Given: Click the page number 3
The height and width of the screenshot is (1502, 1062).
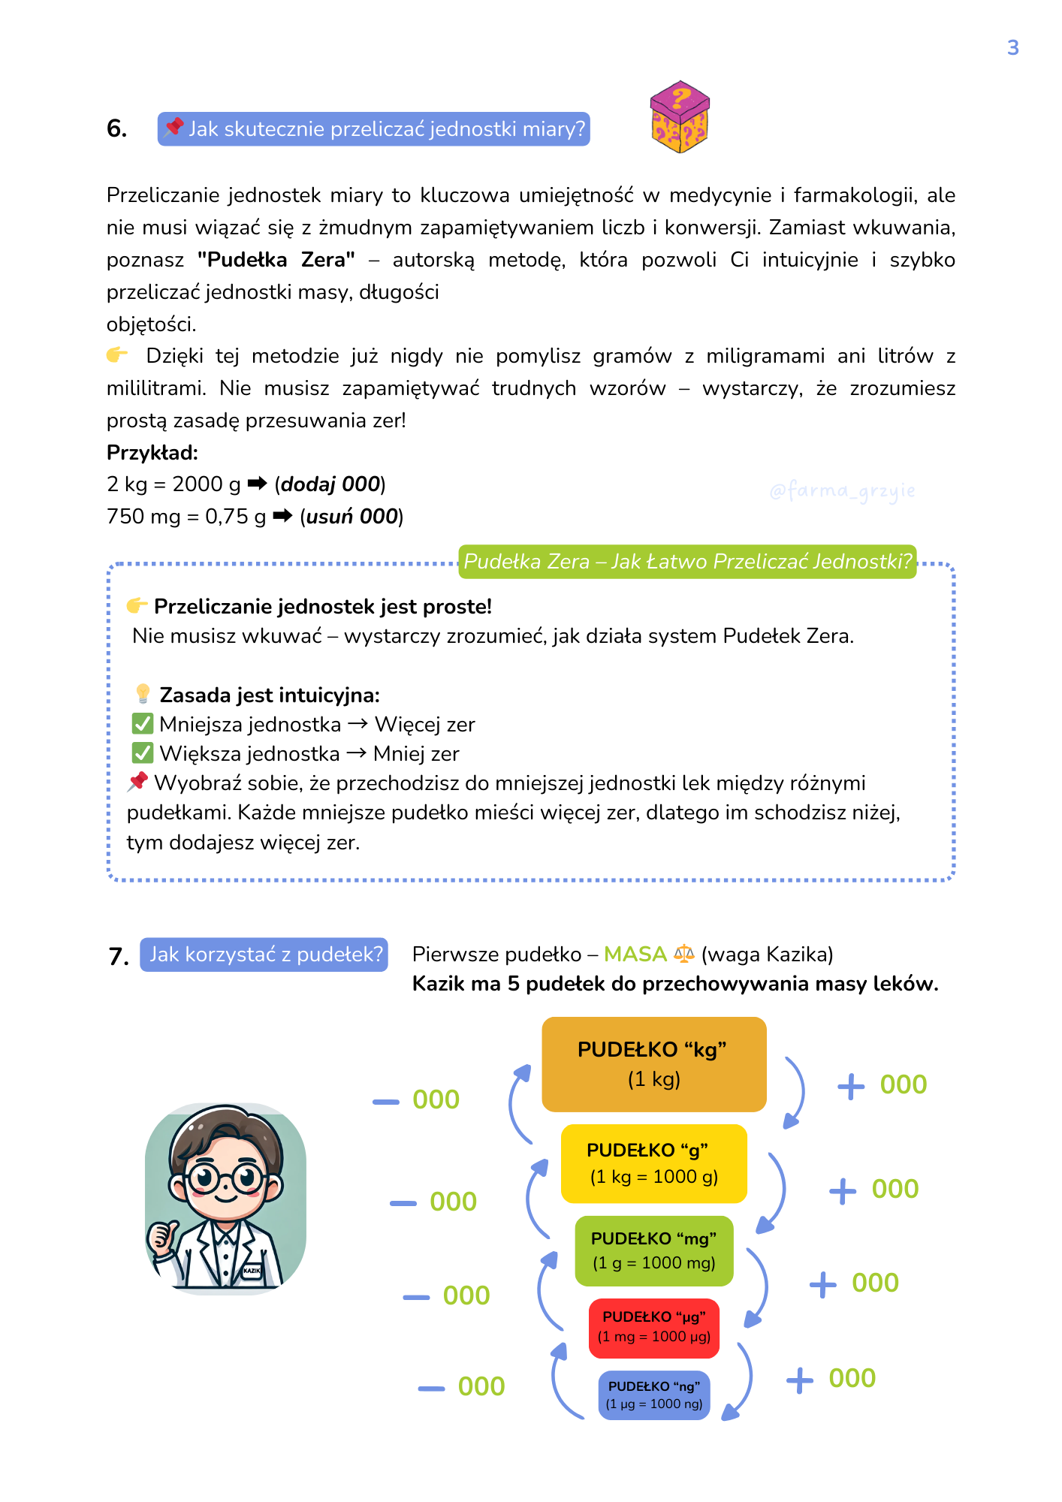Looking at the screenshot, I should pyautogui.click(x=1012, y=48).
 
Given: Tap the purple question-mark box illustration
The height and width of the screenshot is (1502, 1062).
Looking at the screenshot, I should pyautogui.click(x=680, y=117).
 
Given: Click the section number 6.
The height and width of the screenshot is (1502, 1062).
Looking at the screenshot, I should pyautogui.click(x=116, y=129).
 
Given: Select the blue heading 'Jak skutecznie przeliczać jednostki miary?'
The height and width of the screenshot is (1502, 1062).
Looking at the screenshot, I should pyautogui.click(x=374, y=129).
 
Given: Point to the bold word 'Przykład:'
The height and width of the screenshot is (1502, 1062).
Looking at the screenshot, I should pyautogui.click(x=152, y=453).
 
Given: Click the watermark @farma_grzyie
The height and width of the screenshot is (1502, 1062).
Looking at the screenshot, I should pyautogui.click(x=842, y=491).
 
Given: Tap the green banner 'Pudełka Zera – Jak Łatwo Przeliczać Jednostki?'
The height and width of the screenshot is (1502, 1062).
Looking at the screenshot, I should pyautogui.click(x=687, y=562).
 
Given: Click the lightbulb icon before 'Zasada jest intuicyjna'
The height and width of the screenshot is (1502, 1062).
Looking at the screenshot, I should pyautogui.click(x=143, y=694).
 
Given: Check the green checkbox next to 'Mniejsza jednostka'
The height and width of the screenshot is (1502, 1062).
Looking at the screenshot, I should pyautogui.click(x=143, y=724).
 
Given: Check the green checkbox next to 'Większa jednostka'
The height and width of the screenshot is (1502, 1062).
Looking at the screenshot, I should pyautogui.click(x=143, y=753).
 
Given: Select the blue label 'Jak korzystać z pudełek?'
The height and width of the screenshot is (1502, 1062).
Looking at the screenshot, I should pyautogui.click(x=264, y=955).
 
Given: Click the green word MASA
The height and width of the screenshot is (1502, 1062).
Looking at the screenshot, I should pyautogui.click(x=635, y=955).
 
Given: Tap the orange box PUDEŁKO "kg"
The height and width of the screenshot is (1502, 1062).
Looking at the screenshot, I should pyautogui.click(x=653, y=1064).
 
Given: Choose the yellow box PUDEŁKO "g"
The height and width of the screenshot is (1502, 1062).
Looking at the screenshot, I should pyautogui.click(x=653, y=1163).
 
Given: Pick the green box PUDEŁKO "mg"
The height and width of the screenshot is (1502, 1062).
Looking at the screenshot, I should pyautogui.click(x=653, y=1250).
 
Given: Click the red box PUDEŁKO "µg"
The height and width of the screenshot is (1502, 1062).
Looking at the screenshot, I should pyautogui.click(x=653, y=1328).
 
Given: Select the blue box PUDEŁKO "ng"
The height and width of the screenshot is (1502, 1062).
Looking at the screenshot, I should pyautogui.click(x=653, y=1395).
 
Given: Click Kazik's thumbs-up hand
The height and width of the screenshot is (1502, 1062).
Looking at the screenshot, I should pyautogui.click(x=161, y=1234).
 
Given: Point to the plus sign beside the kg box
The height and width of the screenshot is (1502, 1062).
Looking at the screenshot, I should pyautogui.click(x=851, y=1086).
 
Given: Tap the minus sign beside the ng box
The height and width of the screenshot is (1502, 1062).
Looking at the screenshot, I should pyautogui.click(x=432, y=1389).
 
